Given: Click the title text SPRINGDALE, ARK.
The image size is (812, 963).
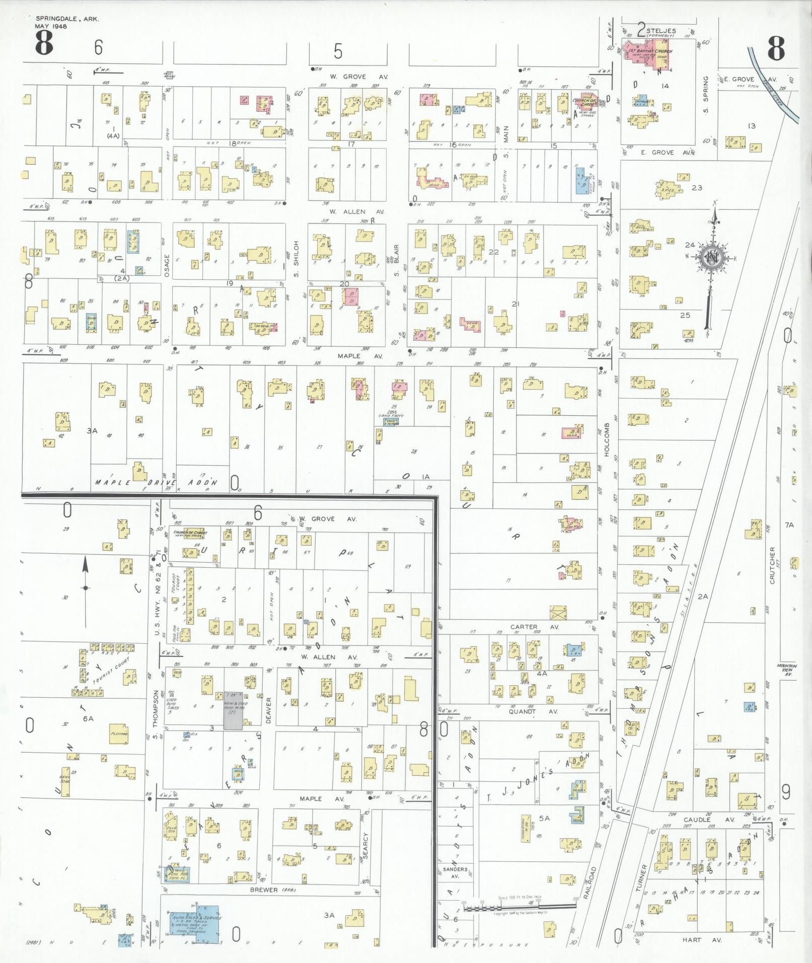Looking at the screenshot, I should [67, 19].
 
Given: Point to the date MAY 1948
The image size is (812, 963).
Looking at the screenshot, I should [51, 26].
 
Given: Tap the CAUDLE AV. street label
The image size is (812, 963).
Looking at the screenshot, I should [697, 820].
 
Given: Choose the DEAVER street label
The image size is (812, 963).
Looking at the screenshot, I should [268, 710].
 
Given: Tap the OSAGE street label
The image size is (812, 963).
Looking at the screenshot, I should [167, 265].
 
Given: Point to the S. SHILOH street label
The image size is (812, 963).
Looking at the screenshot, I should [297, 259].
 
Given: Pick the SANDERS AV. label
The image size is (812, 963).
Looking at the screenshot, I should [455, 872].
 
